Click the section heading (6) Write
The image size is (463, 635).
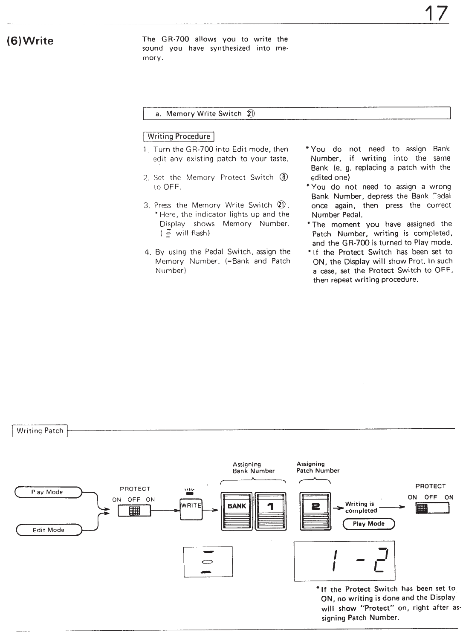click(30, 41)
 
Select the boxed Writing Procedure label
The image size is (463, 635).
click(179, 137)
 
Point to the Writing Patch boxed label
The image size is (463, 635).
click(40, 431)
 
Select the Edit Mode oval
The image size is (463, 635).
click(48, 530)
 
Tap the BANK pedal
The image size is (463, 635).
click(237, 511)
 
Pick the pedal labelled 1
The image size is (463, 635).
click(270, 511)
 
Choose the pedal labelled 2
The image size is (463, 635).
click(315, 511)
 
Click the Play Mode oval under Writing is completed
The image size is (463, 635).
click(369, 524)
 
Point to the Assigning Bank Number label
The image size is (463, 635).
click(253, 468)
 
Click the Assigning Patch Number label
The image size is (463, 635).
click(318, 468)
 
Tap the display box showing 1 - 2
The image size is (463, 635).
click(344, 561)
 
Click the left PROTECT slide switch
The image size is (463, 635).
click(134, 511)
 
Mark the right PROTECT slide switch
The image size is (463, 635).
click(432, 508)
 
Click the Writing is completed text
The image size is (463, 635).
click(361, 507)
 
